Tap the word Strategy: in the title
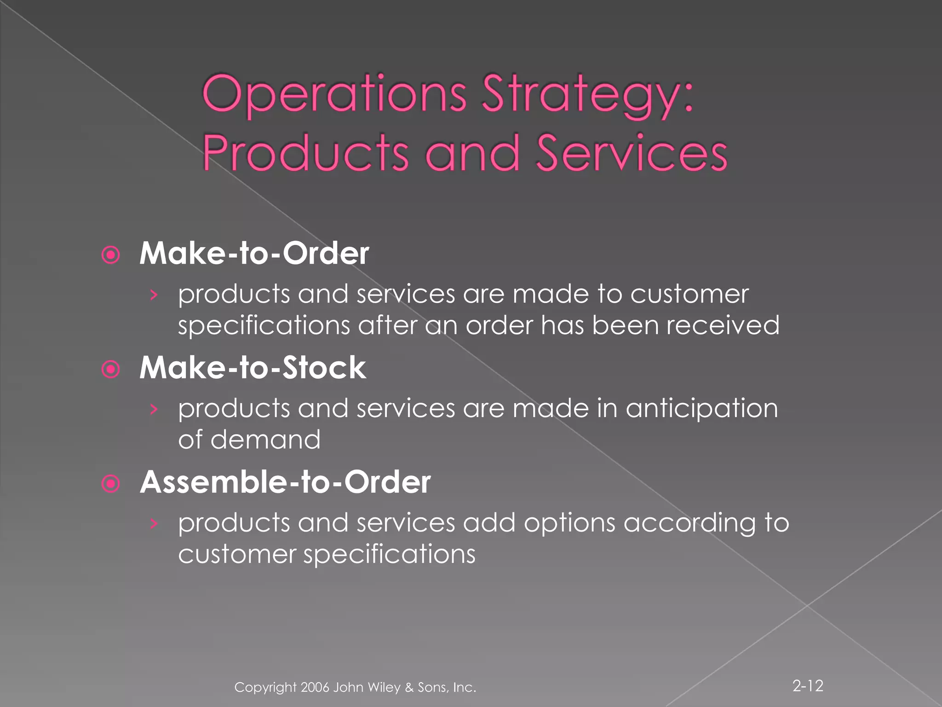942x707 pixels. [x=587, y=94]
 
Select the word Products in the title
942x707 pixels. [x=305, y=153]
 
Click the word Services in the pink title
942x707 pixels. [x=632, y=153]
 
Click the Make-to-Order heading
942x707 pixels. [x=254, y=253]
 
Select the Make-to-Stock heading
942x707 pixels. [x=253, y=368]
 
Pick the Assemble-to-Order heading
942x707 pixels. [x=285, y=482]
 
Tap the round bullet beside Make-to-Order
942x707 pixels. [x=111, y=255]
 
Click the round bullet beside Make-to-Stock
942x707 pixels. [x=111, y=369]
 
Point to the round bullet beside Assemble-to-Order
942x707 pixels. [x=111, y=483]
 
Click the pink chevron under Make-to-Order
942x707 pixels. [x=154, y=295]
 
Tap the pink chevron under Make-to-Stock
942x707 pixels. [x=154, y=409]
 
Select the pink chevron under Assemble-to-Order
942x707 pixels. [x=154, y=523]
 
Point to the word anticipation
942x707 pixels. [x=701, y=409]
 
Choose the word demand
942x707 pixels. [x=265, y=440]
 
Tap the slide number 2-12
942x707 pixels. [x=808, y=685]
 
